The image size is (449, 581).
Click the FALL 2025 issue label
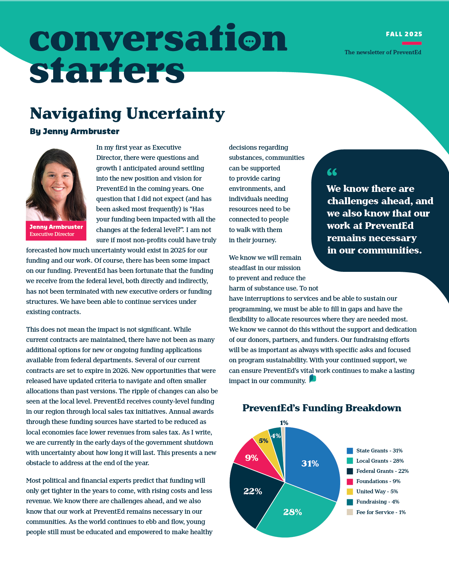404,34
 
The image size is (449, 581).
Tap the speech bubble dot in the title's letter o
249,41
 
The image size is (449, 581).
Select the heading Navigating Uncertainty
127,113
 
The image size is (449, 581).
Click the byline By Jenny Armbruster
75,131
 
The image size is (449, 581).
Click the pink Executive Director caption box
56,231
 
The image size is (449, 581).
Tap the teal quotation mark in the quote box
332,172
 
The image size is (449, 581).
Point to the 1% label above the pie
284,423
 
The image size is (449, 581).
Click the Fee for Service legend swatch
350,512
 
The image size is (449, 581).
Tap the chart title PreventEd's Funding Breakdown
322,408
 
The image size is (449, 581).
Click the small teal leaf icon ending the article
312,379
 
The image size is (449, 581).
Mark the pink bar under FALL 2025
412,43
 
